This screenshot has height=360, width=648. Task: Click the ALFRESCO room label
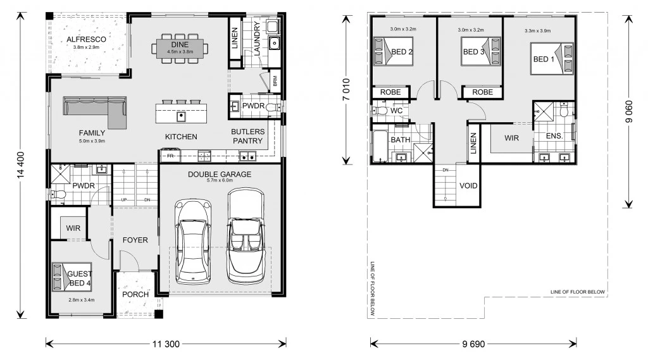86,39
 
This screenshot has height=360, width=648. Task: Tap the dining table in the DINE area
180,48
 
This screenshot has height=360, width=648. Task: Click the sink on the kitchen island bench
181,116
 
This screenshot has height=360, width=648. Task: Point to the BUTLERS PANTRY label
247,136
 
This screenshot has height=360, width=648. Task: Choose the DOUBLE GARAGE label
220,174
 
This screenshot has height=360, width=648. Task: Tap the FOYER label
135,240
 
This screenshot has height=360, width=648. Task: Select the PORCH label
135,294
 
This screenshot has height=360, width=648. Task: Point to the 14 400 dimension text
21,165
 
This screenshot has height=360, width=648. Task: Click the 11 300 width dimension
166,344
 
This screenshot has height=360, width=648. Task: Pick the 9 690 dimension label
473,344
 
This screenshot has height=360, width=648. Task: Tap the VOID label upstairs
468,185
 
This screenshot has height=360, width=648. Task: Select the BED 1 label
544,59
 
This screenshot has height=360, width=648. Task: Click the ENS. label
554,135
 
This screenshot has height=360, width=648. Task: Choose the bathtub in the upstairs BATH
380,146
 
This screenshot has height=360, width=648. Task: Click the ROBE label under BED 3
482,92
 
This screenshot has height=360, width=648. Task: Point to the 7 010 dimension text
346,89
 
